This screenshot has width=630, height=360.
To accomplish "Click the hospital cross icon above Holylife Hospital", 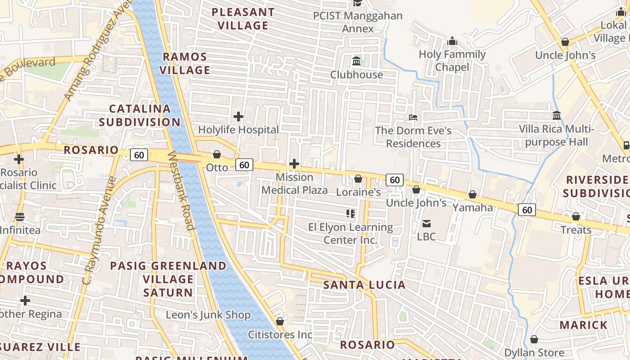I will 238,117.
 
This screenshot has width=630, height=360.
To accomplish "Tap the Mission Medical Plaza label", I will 294,184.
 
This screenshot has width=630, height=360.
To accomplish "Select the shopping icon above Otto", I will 217,154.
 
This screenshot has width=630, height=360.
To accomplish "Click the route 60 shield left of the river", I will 139,155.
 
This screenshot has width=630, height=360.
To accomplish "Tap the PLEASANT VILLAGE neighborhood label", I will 243,19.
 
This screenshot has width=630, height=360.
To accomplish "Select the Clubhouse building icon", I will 356,60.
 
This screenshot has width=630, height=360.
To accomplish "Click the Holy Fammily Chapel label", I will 452,61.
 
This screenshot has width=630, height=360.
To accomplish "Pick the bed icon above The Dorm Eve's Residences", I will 413,117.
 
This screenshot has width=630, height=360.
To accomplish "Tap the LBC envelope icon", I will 426,223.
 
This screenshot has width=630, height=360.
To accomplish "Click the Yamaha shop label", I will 472,207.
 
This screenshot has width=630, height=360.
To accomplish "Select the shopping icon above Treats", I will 576,217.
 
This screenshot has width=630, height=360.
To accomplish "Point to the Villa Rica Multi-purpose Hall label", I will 556,136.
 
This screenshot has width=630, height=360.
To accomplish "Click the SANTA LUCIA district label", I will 364,285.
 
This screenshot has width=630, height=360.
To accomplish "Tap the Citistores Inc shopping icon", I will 280,321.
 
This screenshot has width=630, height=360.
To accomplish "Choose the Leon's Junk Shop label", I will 208,315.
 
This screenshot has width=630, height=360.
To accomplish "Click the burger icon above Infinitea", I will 19,217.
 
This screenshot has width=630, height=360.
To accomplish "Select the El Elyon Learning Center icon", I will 351,213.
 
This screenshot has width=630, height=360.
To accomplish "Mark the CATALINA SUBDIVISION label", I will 139,115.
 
